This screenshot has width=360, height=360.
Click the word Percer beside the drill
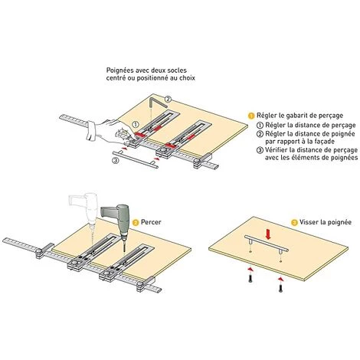coord(151,222)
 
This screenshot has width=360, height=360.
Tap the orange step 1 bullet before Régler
coord(251,116)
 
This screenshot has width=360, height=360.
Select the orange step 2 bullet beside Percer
coord(136,223)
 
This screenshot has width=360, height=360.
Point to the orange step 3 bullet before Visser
coord(294,222)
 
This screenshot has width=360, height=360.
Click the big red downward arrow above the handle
coord(268,234)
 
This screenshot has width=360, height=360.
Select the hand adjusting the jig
coord(109,131)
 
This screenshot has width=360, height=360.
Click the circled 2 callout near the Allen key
coord(168,99)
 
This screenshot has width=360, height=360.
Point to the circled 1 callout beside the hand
coord(136,125)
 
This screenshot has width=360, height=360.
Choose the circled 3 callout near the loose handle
coord(116,161)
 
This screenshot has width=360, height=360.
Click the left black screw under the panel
coord(250,279)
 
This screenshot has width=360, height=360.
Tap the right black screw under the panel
coord(280,288)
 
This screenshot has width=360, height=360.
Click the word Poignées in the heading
coord(120,70)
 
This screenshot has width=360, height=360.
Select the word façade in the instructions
coord(323,142)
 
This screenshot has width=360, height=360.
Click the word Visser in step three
coord(308,222)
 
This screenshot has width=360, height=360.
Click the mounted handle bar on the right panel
coord(267,244)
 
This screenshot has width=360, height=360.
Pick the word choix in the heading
coord(187,78)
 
